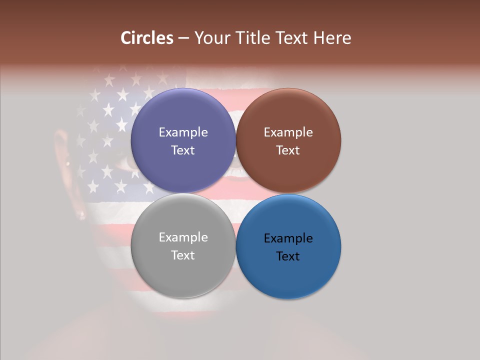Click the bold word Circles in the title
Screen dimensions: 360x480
pyautogui.click(x=147, y=38)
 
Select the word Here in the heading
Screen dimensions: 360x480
pyautogui.click(x=333, y=38)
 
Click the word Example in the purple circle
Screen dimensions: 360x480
pyautogui.click(x=183, y=132)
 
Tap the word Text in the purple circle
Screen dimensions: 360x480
pyautogui.click(x=183, y=150)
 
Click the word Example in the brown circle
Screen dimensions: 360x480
pyautogui.click(x=288, y=132)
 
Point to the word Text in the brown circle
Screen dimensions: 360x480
pyautogui.click(x=288, y=150)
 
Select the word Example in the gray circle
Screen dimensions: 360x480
pyautogui.click(x=183, y=237)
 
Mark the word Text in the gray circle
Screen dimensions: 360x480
pyautogui.click(x=183, y=255)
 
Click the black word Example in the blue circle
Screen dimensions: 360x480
pyautogui.click(x=288, y=238)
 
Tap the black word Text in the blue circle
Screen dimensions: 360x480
pyautogui.click(x=288, y=256)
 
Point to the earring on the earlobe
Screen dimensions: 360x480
pyautogui.click(x=82, y=215)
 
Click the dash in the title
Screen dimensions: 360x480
pyautogui.click(x=183, y=38)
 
